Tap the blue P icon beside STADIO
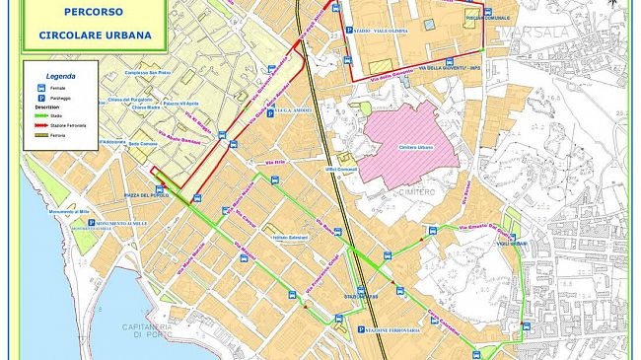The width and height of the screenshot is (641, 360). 347,32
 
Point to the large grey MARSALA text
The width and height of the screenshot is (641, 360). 534,39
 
